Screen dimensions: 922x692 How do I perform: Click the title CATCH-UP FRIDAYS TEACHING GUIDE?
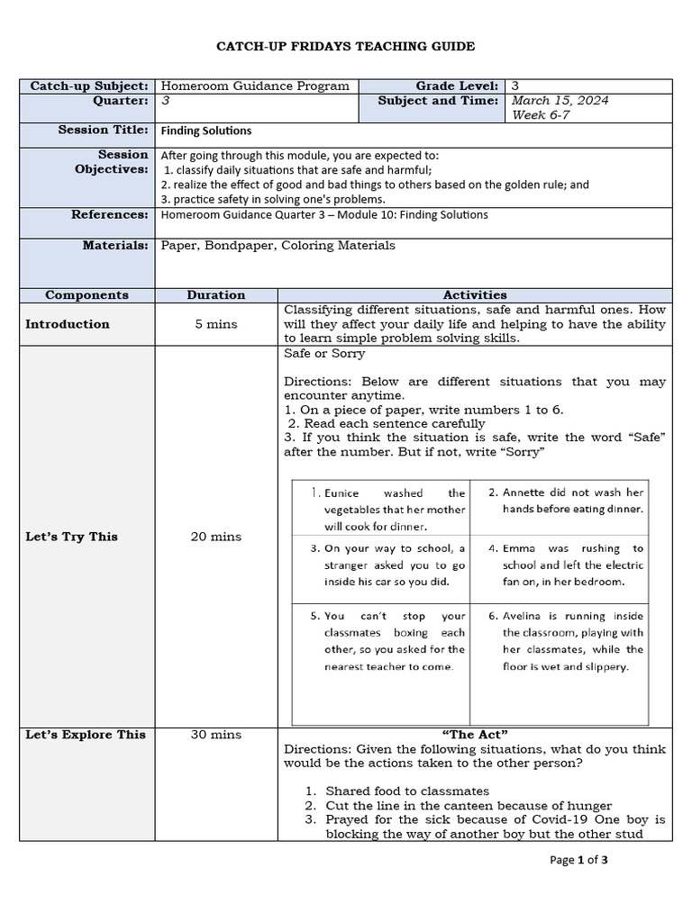[346, 46]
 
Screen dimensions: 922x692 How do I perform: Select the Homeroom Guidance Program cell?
[255, 86]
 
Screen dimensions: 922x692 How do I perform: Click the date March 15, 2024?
[560, 101]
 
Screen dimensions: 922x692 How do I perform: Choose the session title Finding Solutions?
[206, 131]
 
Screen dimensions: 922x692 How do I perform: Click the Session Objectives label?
[111, 162]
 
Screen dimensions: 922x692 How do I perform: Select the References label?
[110, 215]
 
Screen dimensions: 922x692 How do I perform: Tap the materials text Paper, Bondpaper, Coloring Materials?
[278, 245]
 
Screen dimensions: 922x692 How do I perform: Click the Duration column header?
[216, 295]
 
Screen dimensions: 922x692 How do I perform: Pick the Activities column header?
[475, 295]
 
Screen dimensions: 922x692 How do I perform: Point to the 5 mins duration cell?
[216, 324]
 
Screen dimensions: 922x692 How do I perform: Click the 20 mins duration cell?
[216, 537]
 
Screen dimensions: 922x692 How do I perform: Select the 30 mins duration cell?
[216, 735]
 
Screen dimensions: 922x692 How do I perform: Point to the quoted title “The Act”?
[475, 735]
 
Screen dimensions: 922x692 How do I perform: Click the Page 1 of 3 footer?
[579, 861]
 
